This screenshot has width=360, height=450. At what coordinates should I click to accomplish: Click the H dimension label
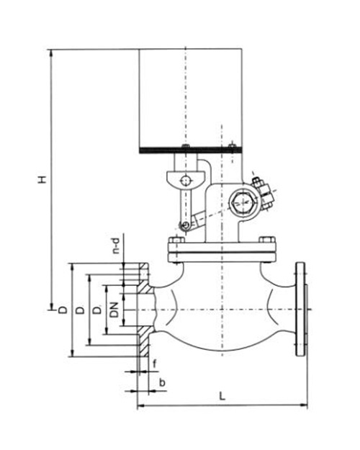(42, 180)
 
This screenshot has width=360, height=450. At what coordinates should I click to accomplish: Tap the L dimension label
(222, 396)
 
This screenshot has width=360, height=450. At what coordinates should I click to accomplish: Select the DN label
(114, 310)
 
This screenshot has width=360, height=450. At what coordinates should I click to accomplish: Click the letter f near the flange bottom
(155, 364)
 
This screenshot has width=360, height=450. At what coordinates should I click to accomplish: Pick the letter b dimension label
(162, 383)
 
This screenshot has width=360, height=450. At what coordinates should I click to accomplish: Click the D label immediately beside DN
(98, 310)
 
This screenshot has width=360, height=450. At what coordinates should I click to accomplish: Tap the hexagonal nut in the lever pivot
(243, 202)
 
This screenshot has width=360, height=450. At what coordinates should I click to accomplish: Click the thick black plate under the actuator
(191, 150)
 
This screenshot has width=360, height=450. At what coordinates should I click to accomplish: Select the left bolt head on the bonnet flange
(176, 240)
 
